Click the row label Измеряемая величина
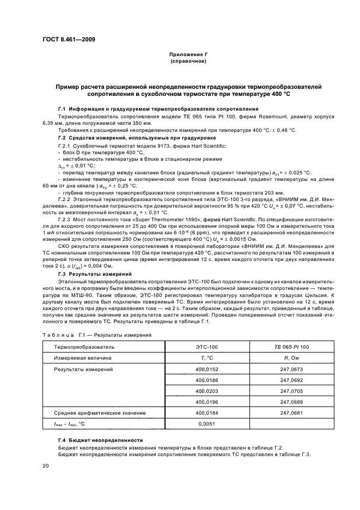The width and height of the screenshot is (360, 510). pyautogui.click(x=82, y=358)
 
